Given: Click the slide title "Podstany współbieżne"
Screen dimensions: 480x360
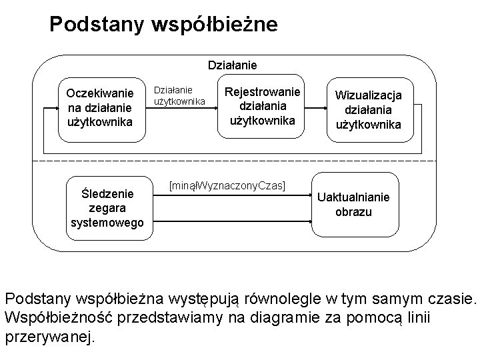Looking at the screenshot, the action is [163, 25].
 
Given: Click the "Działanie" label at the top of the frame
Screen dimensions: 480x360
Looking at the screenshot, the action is [233, 65].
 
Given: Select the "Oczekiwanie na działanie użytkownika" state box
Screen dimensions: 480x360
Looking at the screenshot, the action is [100, 107].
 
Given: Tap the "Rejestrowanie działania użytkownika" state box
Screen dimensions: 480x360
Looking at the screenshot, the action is [262, 106].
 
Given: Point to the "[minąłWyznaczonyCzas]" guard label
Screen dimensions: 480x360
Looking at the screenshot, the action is [227, 183].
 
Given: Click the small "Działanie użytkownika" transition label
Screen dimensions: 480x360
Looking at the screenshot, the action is [179, 95].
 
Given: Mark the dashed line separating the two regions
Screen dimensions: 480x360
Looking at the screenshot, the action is [240, 161].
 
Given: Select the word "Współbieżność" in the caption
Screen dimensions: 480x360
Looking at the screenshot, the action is [57, 316].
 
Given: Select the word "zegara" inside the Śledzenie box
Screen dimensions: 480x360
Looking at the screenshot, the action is [107, 208].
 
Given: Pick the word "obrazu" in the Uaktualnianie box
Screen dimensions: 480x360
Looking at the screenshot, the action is [353, 213].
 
